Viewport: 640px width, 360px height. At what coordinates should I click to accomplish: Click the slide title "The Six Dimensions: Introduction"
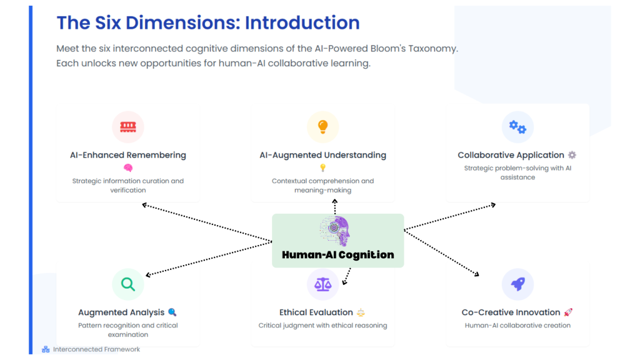pyautogui.click(x=208, y=23)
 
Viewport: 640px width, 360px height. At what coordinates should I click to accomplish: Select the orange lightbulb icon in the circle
pyautogui.click(x=322, y=127)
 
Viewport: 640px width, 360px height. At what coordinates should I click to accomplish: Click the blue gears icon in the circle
pyautogui.click(x=517, y=127)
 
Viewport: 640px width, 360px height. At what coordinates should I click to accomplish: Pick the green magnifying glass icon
pyautogui.click(x=128, y=284)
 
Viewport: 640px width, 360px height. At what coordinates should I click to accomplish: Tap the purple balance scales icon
pyautogui.click(x=322, y=284)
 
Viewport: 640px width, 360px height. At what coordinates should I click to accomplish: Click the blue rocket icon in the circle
pyautogui.click(x=517, y=284)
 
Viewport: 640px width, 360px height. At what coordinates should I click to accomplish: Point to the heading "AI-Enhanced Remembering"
pyautogui.click(x=128, y=155)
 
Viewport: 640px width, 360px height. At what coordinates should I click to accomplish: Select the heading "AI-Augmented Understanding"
pyautogui.click(x=322, y=155)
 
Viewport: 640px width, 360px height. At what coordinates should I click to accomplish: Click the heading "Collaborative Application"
pyautogui.click(x=511, y=155)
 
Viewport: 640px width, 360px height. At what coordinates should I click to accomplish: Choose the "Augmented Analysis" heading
pyautogui.click(x=121, y=312)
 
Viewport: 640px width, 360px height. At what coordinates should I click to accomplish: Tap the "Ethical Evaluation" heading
pyautogui.click(x=316, y=312)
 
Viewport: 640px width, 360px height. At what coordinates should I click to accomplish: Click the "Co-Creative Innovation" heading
pyautogui.click(x=511, y=312)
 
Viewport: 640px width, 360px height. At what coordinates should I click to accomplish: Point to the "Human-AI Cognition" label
pyautogui.click(x=338, y=255)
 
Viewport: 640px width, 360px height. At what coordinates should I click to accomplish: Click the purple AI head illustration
pyautogui.click(x=336, y=232)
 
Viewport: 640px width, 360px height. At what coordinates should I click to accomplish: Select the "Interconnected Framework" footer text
pyautogui.click(x=96, y=349)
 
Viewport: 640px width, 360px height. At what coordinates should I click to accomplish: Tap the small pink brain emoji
pyautogui.click(x=128, y=168)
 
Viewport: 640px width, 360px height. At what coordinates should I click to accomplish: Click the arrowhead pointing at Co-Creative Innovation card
pyautogui.click(x=477, y=274)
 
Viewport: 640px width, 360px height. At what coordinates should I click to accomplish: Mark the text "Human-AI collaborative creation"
pyautogui.click(x=517, y=326)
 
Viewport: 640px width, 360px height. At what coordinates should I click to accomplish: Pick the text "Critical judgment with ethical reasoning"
pyautogui.click(x=322, y=326)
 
